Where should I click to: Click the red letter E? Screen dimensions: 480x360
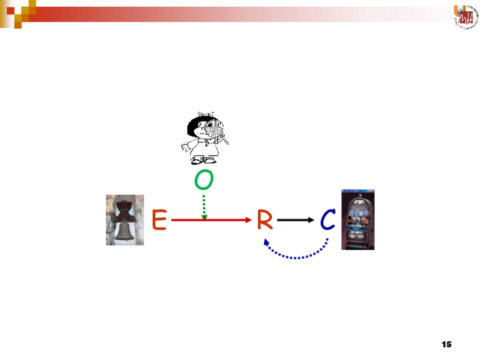pyautogui.click(x=159, y=220)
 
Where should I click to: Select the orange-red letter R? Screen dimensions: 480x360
pyautogui.click(x=264, y=220)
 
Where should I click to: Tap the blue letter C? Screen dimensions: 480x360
pyautogui.click(x=328, y=220)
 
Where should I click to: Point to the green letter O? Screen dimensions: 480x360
pyautogui.click(x=204, y=181)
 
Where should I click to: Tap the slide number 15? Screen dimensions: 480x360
pyautogui.click(x=446, y=344)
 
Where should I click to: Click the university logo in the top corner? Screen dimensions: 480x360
pyautogui.click(x=465, y=15)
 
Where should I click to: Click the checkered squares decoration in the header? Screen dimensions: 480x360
pyautogui.click(x=17, y=12)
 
